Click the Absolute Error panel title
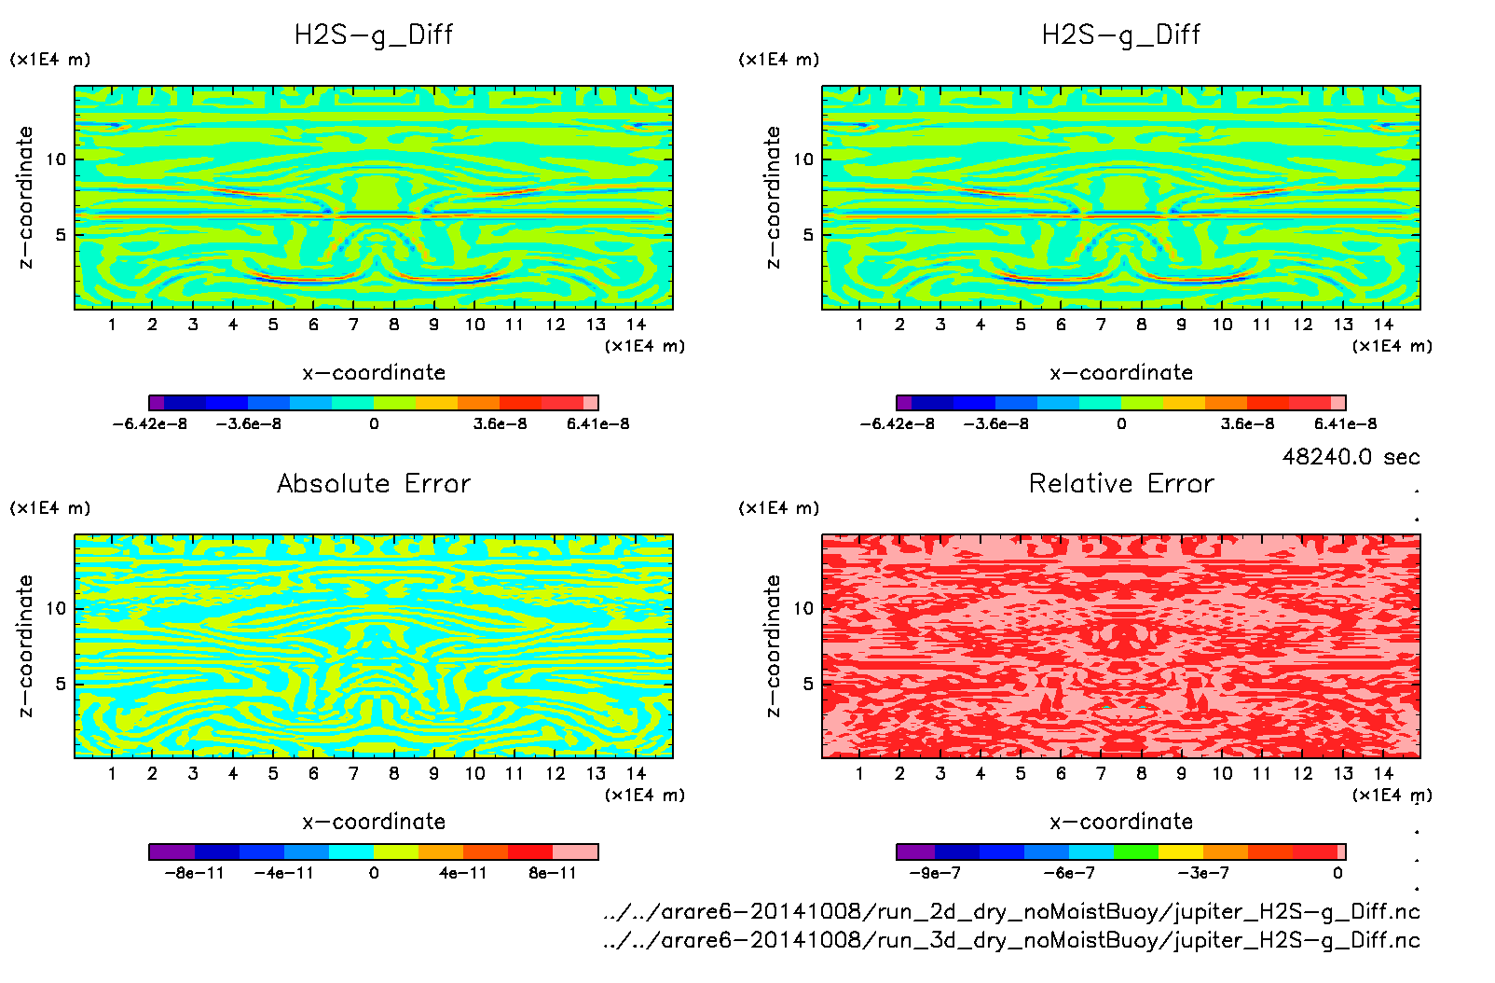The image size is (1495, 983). click(x=374, y=483)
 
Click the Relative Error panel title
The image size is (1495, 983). click(x=1121, y=483)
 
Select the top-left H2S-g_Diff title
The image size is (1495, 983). click(x=374, y=35)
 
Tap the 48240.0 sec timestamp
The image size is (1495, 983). click(x=1351, y=457)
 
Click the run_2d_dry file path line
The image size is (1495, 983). click(x=1011, y=911)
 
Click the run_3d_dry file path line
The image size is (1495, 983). click(x=1011, y=939)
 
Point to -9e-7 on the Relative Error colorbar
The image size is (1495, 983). click(x=934, y=873)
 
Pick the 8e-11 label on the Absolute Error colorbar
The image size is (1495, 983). click(x=553, y=873)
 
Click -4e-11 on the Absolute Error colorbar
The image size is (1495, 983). click(x=284, y=873)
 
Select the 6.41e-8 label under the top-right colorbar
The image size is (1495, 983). click(x=1345, y=423)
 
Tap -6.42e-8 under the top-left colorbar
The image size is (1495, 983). click(x=149, y=423)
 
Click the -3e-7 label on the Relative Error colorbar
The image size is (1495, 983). click(x=1203, y=873)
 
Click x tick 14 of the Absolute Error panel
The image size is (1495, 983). click(x=636, y=773)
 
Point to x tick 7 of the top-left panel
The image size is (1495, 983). click(x=353, y=325)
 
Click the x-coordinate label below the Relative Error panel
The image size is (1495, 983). click(x=1121, y=822)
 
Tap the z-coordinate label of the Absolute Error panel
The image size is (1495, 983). click(x=25, y=645)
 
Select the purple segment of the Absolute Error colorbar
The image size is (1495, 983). click(x=171, y=851)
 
